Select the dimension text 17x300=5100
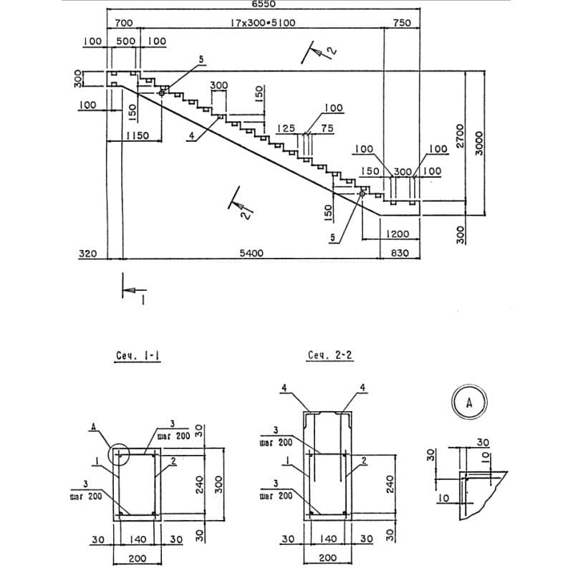[x=263, y=23]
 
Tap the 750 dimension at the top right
[x=402, y=23]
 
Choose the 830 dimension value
[x=401, y=253]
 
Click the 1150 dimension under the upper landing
[x=133, y=135]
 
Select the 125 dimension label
[x=286, y=129]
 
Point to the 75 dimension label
[x=327, y=129]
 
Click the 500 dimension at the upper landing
[x=125, y=42]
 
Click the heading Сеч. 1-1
[x=137, y=356]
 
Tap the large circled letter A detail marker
[x=470, y=402]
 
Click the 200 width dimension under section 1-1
[x=138, y=558]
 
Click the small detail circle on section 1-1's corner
[x=120, y=454]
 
